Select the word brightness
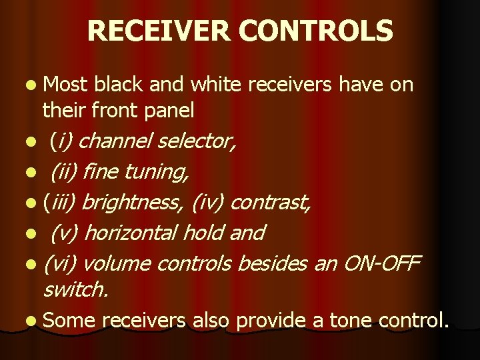[x=134, y=203]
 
